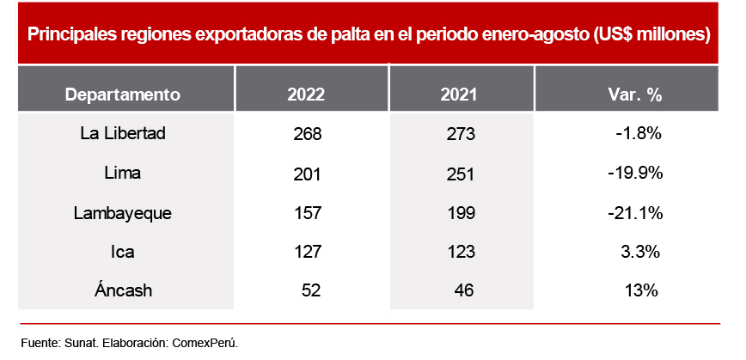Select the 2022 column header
pos(306,94)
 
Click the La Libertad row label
pos(122,134)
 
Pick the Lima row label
pos(122,174)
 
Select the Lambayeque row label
pos(123,213)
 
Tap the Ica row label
pos(123,252)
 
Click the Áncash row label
pos(123,290)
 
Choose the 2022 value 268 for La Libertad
pos(307,134)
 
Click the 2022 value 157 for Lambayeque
pos(307,213)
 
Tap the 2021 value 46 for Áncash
pos(464,290)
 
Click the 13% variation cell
pos(642,290)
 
